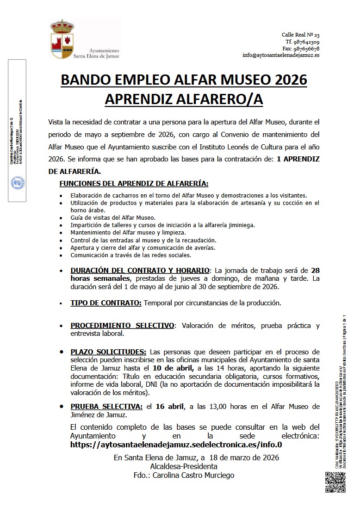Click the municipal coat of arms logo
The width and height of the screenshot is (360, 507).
62,39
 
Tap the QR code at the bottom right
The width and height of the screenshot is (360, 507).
335,482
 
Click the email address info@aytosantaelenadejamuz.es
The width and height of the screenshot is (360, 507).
280,55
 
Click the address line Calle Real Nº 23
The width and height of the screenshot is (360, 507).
300,35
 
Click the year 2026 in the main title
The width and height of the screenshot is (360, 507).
287,80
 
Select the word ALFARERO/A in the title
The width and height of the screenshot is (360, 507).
220,99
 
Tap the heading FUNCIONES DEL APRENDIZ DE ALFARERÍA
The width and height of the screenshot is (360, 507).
134,183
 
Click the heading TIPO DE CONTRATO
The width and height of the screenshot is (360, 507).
106,303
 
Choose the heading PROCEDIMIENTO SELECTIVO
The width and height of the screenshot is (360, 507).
122,326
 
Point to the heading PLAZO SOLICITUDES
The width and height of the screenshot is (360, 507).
108,352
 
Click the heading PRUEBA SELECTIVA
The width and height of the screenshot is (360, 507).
106,407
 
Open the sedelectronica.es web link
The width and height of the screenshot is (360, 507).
176,445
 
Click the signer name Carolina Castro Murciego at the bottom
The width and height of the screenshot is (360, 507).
194,475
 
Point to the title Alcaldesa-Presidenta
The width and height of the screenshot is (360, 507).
184,466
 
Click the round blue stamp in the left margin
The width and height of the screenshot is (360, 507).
18,183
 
